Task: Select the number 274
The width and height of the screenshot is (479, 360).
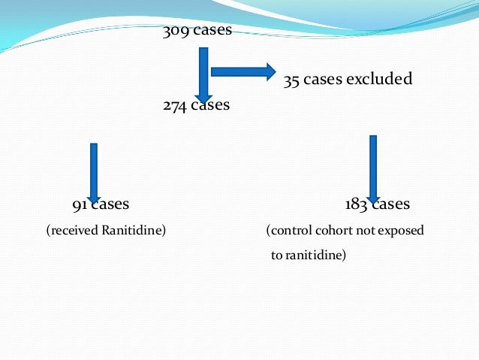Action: tap(174, 105)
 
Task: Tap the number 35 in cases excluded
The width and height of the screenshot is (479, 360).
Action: tap(291, 80)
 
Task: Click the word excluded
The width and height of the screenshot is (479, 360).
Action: tap(379, 79)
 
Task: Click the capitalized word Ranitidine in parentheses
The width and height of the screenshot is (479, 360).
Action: tap(131, 230)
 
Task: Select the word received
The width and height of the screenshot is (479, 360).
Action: tap(73, 230)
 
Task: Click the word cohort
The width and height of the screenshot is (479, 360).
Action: tap(331, 230)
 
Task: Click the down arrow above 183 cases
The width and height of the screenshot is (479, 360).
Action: tap(373, 167)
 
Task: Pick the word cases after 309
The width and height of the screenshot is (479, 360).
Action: tap(212, 31)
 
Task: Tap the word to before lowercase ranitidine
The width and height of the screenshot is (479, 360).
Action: tap(276, 256)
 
